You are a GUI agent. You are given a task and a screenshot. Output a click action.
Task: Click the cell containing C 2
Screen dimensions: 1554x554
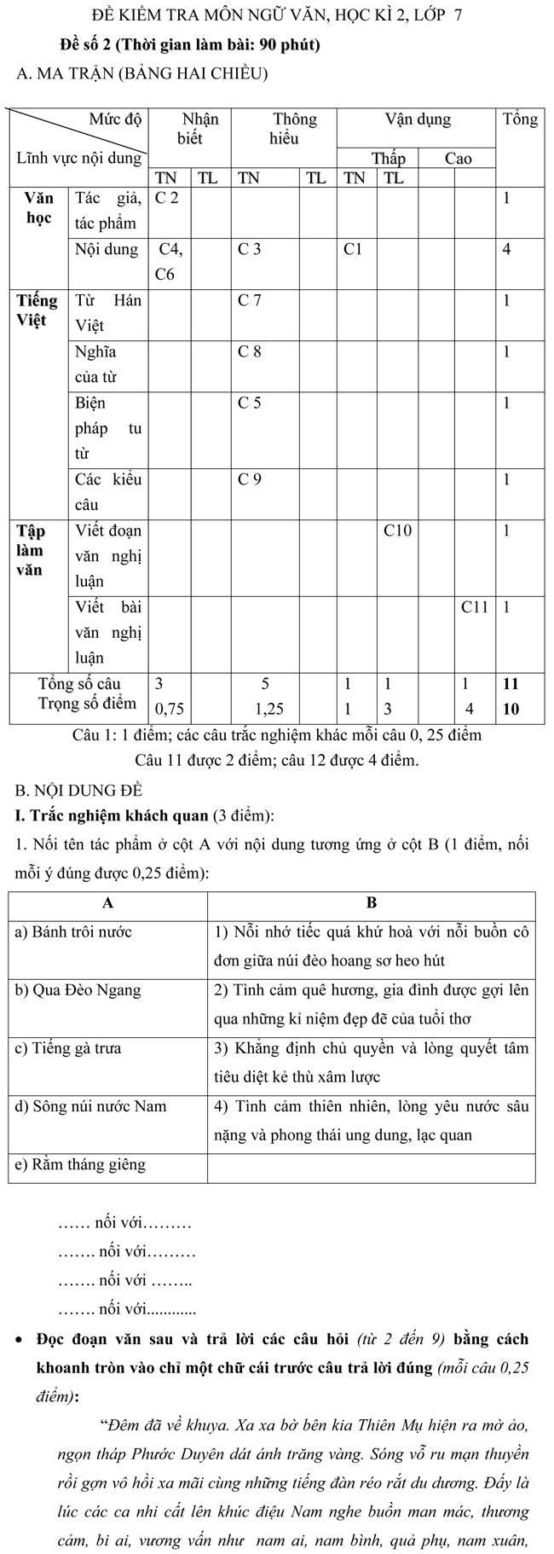pyautogui.click(x=167, y=199)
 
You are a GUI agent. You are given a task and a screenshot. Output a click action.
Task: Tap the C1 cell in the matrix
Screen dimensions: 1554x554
pyautogui.click(x=353, y=250)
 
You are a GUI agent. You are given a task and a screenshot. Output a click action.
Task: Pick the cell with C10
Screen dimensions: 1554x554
pyautogui.click(x=397, y=531)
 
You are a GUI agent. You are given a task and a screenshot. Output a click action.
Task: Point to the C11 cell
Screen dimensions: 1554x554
pyautogui.click(x=475, y=607)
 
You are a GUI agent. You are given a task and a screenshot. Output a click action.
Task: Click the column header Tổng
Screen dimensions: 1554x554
pyautogui.click(x=520, y=119)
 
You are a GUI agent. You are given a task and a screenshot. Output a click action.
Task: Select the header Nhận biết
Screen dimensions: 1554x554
pyautogui.click(x=190, y=129)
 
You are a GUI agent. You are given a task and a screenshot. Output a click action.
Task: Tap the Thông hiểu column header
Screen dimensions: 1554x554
pyautogui.click(x=284, y=129)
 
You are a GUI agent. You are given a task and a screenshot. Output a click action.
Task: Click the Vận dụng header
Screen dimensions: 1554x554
pyautogui.click(x=418, y=119)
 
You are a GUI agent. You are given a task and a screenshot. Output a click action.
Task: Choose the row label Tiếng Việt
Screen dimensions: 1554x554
pyautogui.click(x=38, y=310)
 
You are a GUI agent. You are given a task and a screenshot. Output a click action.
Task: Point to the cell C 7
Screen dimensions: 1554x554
pyautogui.click(x=250, y=301)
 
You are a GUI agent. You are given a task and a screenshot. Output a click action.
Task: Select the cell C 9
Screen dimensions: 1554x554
pyautogui.click(x=250, y=479)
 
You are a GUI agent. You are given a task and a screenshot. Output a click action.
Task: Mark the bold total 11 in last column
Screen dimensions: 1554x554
pyautogui.click(x=511, y=684)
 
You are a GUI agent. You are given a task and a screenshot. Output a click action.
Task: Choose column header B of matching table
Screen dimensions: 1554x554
pyautogui.click(x=372, y=902)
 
